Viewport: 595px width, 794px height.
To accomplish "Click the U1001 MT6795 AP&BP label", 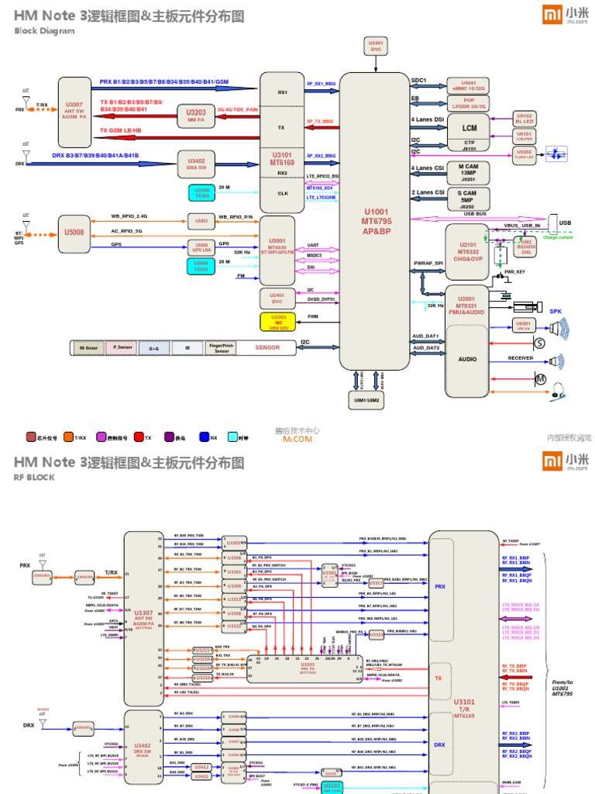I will pyautogui.click(x=377, y=221).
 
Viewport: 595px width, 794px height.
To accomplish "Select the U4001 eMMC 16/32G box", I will pyautogui.click(x=468, y=85).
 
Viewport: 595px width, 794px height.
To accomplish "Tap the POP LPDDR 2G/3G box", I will pyautogui.click(x=468, y=103).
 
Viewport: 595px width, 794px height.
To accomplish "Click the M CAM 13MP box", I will pyautogui.click(x=467, y=172).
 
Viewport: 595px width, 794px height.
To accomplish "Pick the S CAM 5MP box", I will pyautogui.click(x=467, y=198).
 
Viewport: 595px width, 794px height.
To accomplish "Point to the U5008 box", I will pyautogui.click(x=74, y=230).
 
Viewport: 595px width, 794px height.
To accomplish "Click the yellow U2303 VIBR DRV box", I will pyautogui.click(x=278, y=321).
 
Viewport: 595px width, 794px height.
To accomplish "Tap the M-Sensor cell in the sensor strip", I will pyautogui.click(x=87, y=348).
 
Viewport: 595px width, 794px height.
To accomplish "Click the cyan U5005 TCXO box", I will pyautogui.click(x=201, y=266).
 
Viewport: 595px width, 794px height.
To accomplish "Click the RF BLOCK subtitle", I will pyautogui.click(x=34, y=478).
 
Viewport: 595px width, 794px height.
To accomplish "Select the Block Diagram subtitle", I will pyautogui.click(x=45, y=31).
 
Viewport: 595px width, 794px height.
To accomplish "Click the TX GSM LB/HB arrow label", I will pyautogui.click(x=121, y=130).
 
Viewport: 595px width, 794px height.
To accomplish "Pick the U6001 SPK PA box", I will pyautogui.click(x=524, y=326).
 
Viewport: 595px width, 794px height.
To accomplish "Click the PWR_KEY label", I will pyautogui.click(x=515, y=272).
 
